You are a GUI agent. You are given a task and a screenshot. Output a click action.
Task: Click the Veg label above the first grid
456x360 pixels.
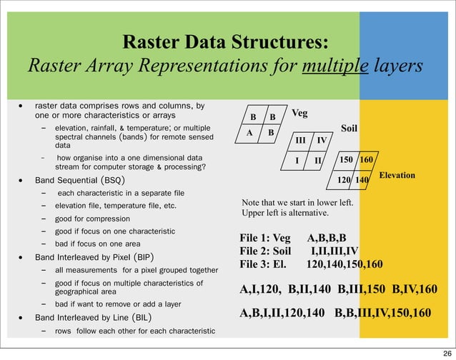[x=301, y=113]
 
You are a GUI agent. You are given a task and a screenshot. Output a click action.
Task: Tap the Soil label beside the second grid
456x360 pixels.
[x=349, y=129]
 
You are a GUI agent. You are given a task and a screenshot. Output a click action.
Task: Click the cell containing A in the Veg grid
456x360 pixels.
[x=250, y=133]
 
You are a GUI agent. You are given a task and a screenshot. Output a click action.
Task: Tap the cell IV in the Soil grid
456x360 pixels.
[x=322, y=141]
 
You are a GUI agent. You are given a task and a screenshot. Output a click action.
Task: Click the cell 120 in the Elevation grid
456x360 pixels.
[x=345, y=181]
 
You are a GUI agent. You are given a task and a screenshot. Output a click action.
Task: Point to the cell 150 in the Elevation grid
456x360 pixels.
[x=346, y=159]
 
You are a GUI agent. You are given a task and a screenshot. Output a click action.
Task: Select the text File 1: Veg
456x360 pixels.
[x=265, y=239]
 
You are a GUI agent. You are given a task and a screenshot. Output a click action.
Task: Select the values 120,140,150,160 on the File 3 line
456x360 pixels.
[x=345, y=264]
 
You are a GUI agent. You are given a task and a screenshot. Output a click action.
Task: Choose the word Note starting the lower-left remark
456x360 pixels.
[x=254, y=202]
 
